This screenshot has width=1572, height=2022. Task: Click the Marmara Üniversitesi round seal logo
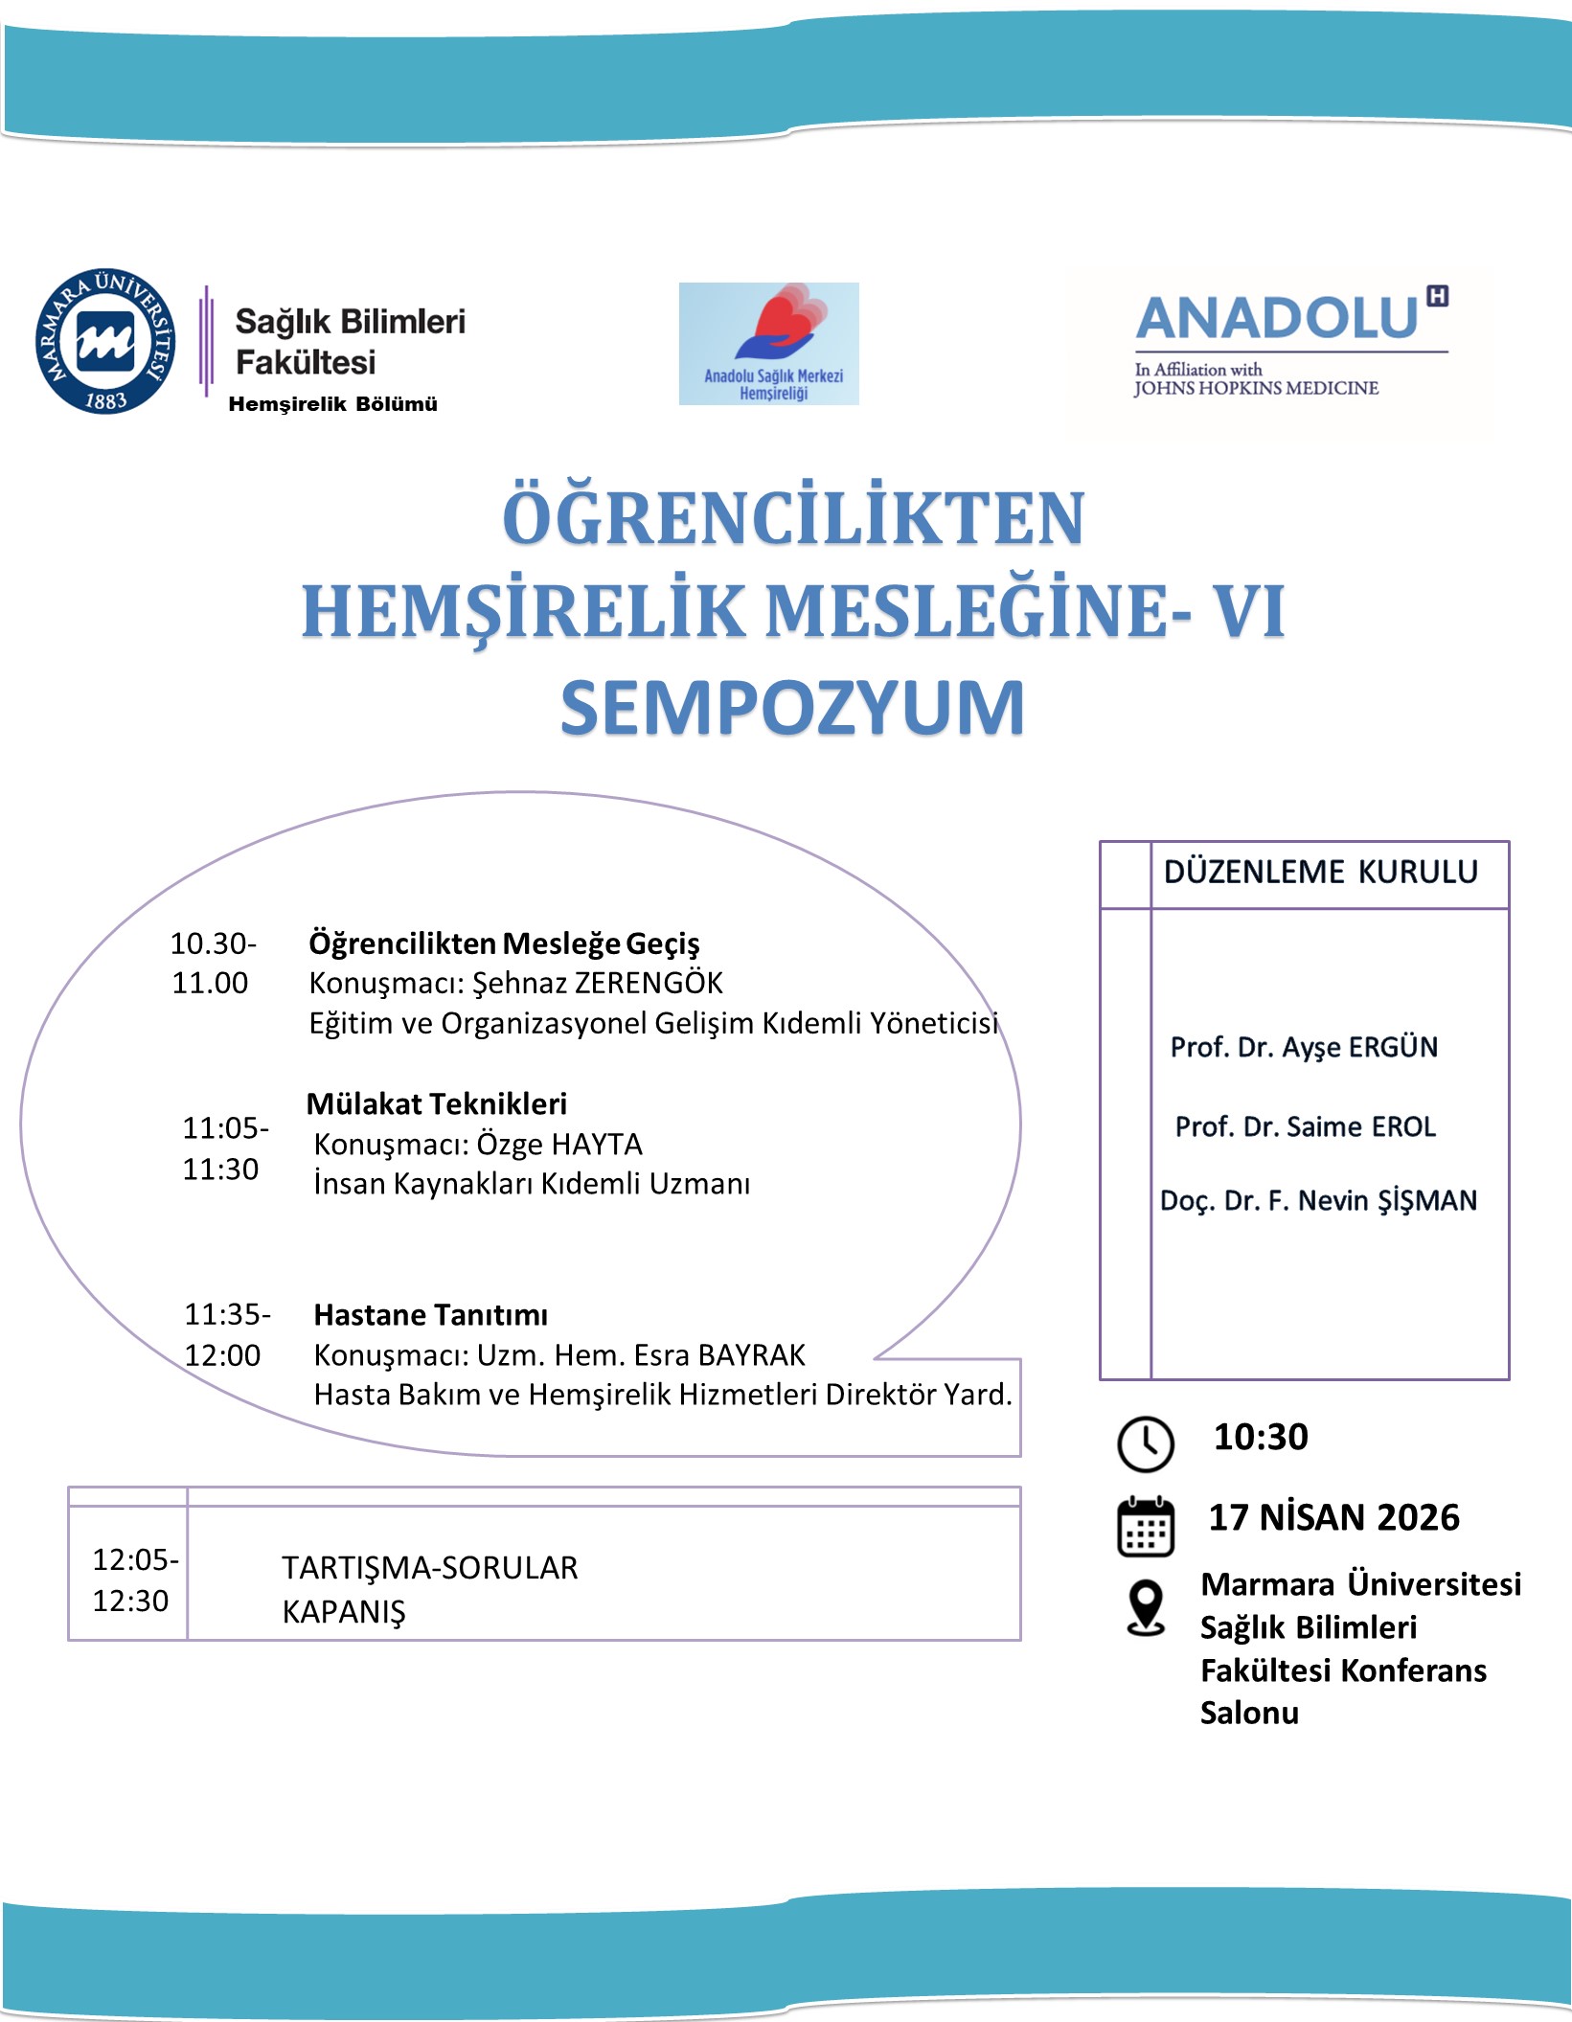pos(105,341)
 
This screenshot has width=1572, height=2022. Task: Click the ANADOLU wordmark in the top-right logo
pos(1277,319)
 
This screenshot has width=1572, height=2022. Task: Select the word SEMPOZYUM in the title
pos(792,709)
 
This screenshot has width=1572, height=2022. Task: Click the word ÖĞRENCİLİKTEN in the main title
pos(793,518)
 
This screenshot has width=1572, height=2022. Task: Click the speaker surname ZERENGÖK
pos(648,983)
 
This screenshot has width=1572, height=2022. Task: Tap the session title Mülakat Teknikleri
pos(437,1103)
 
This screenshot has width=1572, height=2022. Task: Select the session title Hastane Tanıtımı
pos(431,1315)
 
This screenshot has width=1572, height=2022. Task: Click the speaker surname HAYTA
pos(598,1145)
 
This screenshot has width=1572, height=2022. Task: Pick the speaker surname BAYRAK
pos(751,1355)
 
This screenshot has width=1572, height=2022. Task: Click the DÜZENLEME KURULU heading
pos(1320,872)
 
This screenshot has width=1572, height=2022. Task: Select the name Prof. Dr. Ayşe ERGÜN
pos(1304,1047)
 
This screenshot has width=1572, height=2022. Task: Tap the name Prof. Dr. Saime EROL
pos(1305,1126)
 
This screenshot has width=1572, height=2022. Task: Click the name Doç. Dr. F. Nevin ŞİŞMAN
pos(1318,1200)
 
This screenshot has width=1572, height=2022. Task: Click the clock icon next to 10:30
pos(1145,1443)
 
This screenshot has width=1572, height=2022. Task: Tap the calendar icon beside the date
pos(1146,1526)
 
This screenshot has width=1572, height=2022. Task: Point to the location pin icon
pos(1146,1607)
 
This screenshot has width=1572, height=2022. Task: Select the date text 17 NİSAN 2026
pos(1333,1517)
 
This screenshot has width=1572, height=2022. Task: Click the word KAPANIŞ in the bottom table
pos(344,1612)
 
